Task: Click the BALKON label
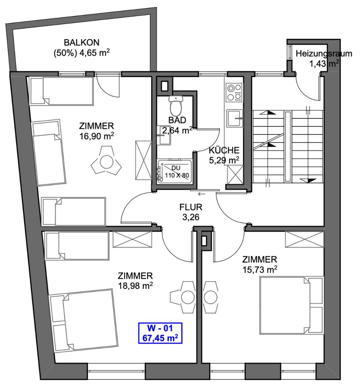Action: [x=82, y=42]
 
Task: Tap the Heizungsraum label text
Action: [x=324, y=54]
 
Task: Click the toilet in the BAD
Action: [x=176, y=106]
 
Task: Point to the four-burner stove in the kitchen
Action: [x=234, y=92]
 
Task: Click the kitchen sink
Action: [x=235, y=118]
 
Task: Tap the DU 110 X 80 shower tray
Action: [x=175, y=172]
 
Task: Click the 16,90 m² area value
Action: [x=97, y=136]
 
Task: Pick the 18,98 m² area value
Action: [x=135, y=286]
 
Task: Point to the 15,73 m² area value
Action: [x=260, y=270]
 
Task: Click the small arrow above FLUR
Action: [x=201, y=194]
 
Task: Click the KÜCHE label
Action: [x=224, y=150]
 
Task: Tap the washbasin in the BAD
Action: [x=165, y=135]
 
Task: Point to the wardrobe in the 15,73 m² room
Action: [x=304, y=239]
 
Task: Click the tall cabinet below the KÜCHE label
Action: [x=235, y=175]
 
